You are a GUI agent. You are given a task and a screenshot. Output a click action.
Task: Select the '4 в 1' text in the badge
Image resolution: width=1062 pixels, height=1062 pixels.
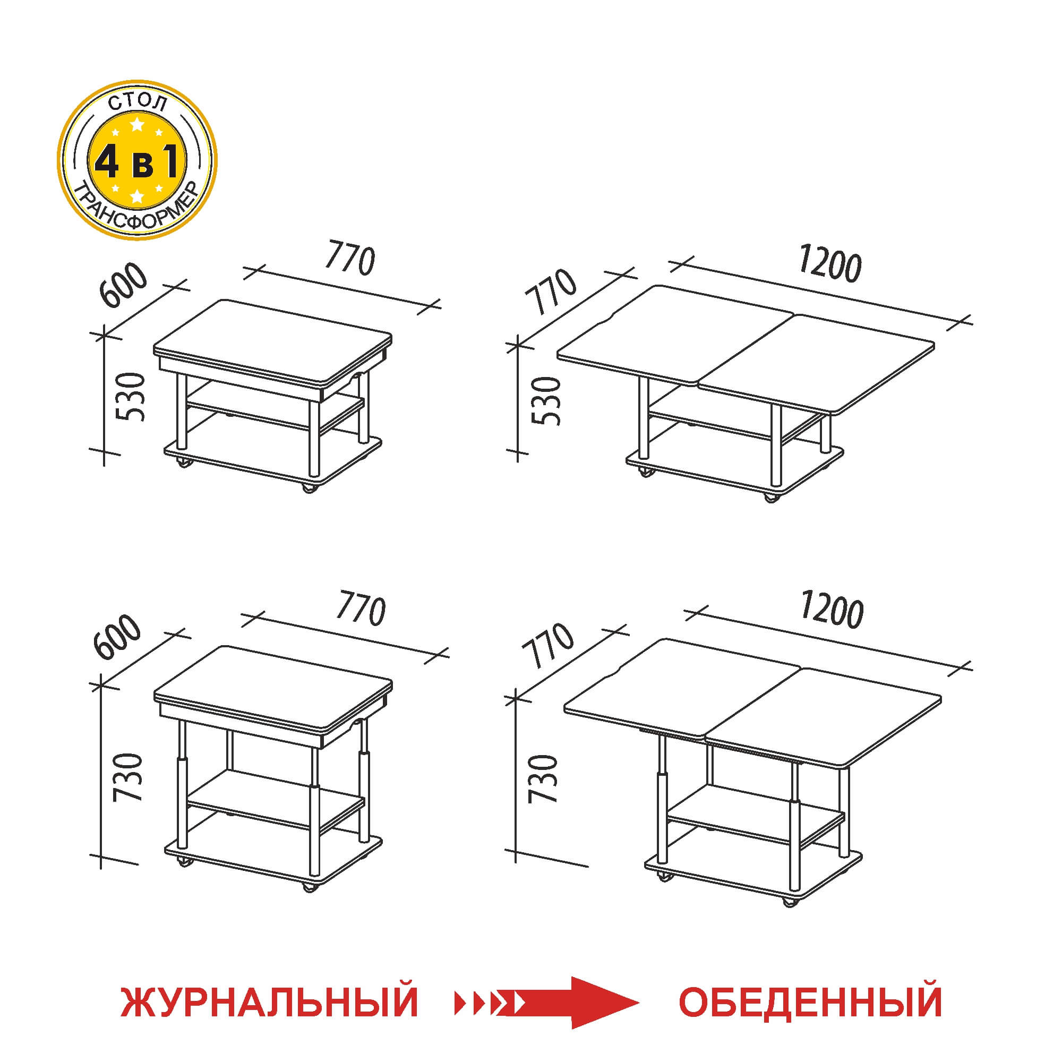tap(137, 162)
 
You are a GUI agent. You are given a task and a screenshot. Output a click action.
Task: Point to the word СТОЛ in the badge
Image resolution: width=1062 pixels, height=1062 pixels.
tap(137, 104)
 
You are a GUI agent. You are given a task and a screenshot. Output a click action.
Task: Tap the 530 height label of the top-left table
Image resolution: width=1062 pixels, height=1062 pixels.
tap(132, 396)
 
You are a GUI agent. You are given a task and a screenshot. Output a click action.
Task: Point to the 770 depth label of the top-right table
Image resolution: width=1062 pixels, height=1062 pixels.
tap(550, 292)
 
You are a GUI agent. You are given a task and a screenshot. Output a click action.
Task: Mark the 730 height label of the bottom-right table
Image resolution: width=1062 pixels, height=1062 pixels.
tap(543, 779)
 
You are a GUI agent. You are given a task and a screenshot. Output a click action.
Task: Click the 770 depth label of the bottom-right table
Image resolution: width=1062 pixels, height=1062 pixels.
tap(547, 645)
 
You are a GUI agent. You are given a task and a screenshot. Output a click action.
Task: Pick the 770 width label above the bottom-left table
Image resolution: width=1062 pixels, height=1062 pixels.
tap(361, 608)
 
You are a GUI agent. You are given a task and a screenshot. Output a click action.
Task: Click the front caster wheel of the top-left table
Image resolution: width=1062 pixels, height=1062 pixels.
tap(309, 487)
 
